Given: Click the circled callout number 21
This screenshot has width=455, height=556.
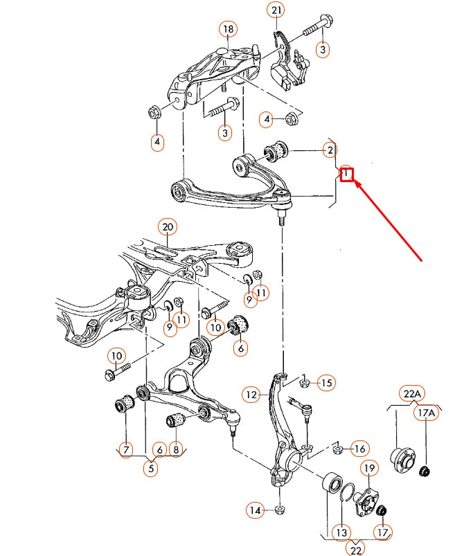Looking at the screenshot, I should (x=277, y=10).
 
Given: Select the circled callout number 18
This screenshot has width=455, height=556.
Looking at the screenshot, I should (x=228, y=29).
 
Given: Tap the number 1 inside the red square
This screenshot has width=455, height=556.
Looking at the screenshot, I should (x=347, y=175).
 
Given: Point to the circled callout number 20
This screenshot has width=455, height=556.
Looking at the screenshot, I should (x=167, y=226).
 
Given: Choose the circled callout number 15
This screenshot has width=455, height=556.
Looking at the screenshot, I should (x=326, y=382).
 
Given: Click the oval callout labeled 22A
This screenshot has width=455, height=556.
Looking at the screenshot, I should (x=411, y=394).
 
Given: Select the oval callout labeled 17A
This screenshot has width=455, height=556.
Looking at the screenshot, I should (x=426, y=413).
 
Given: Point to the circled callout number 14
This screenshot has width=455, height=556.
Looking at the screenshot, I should (x=256, y=511).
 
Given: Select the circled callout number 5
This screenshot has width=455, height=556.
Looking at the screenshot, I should (x=150, y=468).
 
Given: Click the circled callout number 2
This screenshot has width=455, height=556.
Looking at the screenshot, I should (x=330, y=150).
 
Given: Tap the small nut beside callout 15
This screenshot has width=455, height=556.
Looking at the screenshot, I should (x=304, y=382).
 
